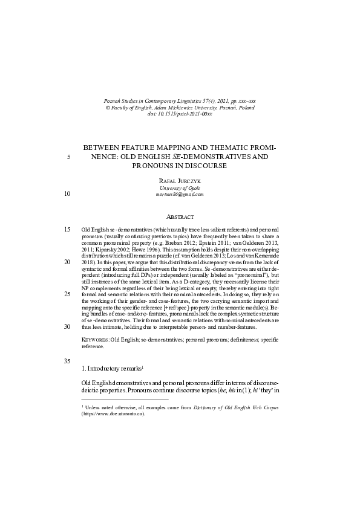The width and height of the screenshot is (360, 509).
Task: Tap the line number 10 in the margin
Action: [67, 194]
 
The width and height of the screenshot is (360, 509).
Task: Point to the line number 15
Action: [67, 230]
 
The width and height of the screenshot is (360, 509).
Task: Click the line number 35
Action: [67, 361]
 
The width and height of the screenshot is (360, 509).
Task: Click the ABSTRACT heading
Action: [180, 216]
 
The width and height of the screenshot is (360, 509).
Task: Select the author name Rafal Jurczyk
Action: [180, 180]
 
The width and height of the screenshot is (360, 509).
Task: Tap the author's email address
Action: [180, 195]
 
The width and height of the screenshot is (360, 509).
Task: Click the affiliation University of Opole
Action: [180, 187]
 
